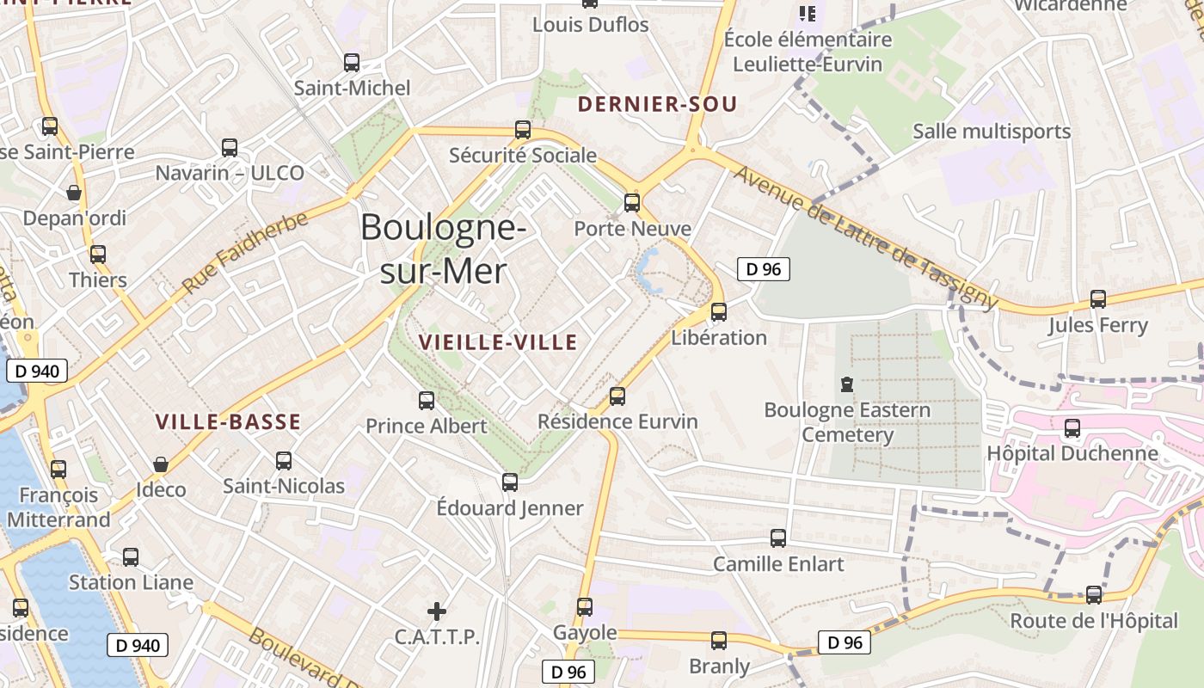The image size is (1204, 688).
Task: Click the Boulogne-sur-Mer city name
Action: click(x=443, y=249)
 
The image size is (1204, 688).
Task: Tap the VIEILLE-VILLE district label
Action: click(x=498, y=342)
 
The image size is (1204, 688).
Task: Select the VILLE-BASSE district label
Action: click(x=228, y=422)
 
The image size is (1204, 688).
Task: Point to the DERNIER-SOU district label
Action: click(x=658, y=105)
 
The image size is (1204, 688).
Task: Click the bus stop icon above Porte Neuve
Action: click(x=632, y=203)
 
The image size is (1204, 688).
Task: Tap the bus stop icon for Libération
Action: click(x=719, y=312)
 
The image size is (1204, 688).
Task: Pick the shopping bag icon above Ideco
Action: click(x=161, y=464)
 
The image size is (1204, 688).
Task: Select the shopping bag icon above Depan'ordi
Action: click(x=74, y=192)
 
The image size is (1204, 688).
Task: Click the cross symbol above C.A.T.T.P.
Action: click(x=437, y=611)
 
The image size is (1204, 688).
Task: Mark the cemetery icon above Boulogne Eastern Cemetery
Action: click(x=847, y=384)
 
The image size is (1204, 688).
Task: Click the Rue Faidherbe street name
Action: click(x=244, y=253)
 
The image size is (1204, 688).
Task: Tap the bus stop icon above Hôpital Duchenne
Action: click(x=1072, y=428)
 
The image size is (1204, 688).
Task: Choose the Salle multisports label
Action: click(x=992, y=132)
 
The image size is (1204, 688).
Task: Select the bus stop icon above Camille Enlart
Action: click(x=778, y=538)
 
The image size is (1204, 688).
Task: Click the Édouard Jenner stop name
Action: click(x=510, y=508)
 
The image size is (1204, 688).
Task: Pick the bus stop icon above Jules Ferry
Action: click(x=1098, y=299)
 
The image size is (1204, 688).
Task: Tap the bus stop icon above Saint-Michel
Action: click(x=352, y=62)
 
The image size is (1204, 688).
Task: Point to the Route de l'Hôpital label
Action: click(x=1094, y=620)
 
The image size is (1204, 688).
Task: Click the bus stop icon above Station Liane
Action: click(x=131, y=556)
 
